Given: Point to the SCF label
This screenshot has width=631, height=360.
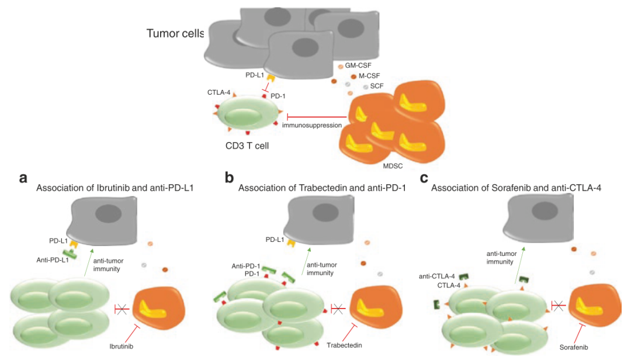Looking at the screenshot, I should pos(377,86).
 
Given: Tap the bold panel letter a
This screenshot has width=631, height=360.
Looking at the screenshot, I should pos(23,178).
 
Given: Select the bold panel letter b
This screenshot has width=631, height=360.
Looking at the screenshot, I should pos(230,178).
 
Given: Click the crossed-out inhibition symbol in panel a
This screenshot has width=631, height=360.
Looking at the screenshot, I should pos(122,310).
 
